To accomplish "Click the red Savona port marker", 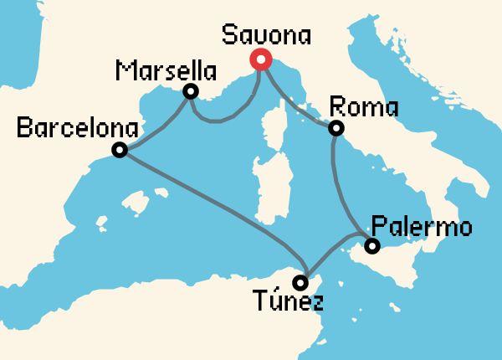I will (260, 59).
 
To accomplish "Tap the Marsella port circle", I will (191, 91).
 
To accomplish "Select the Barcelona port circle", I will (120, 151).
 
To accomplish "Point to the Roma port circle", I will (336, 128).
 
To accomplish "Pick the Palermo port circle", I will (372, 246).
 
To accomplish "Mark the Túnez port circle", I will (300, 282).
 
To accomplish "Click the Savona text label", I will (267, 36).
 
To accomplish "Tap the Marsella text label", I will (160, 67).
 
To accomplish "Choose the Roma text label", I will (365, 106).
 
